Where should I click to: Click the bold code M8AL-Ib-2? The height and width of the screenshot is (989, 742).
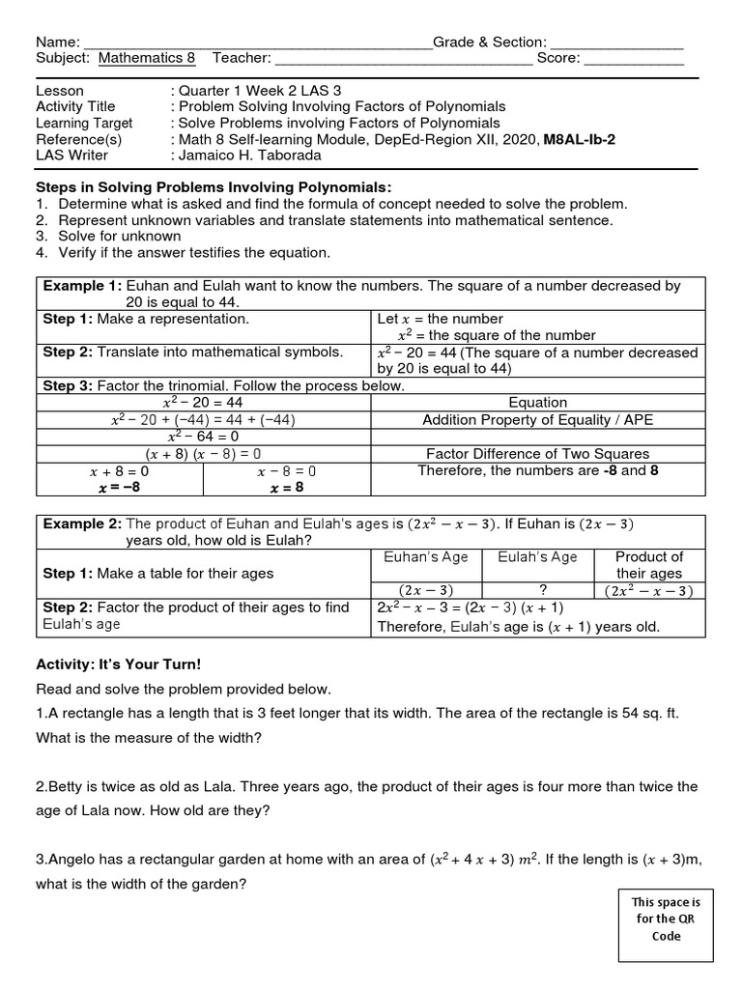click(x=580, y=139)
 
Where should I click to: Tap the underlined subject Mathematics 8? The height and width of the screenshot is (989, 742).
click(x=146, y=58)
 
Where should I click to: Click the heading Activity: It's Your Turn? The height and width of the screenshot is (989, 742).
click(x=120, y=665)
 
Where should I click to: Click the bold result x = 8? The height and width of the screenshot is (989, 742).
click(x=287, y=489)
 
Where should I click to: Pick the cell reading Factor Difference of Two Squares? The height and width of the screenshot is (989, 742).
click(x=537, y=454)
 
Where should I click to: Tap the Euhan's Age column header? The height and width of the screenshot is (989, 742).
click(x=426, y=556)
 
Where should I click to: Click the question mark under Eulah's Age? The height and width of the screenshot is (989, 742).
click(x=536, y=590)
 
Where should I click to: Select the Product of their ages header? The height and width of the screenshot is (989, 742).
click(x=649, y=565)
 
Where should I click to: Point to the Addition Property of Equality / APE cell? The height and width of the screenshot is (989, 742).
click(x=537, y=420)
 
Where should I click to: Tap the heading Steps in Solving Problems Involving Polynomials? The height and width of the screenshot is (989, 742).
click(x=214, y=187)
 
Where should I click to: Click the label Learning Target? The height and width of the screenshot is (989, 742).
click(x=84, y=123)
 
